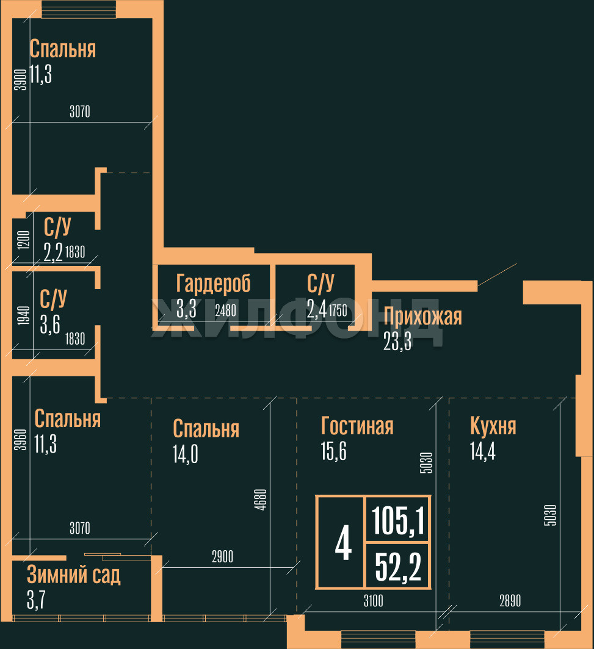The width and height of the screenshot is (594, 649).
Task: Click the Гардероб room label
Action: [213, 284]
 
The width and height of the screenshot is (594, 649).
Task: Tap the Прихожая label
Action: [422, 316]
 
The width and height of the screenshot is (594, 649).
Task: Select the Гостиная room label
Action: [357, 425]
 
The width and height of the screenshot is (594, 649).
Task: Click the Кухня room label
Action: [493, 425]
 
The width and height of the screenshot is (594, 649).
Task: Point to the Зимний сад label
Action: [73, 575]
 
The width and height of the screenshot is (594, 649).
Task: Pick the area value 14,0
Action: [186, 455]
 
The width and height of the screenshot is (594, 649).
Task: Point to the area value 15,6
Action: [333, 451]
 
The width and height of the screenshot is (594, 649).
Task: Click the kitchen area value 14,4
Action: [482, 451]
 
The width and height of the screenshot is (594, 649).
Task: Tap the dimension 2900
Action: [222, 557]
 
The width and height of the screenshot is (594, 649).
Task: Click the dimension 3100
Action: [373, 601]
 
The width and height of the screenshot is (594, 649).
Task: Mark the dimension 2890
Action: [510, 601]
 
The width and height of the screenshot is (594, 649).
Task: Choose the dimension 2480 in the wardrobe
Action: [225, 310]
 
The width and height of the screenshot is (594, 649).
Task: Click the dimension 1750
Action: [338, 310]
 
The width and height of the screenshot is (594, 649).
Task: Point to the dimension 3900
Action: [20, 81]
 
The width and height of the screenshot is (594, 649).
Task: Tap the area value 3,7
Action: [36, 600]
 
